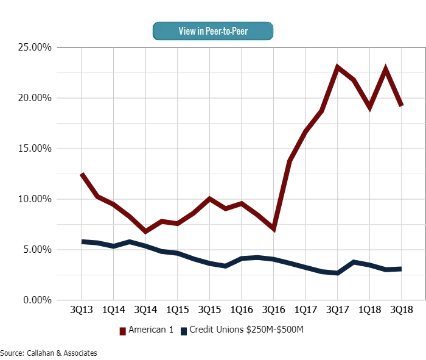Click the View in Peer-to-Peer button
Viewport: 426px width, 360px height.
(213, 30)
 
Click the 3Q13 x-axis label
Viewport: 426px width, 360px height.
(82, 310)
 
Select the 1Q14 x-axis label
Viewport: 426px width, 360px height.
(113, 310)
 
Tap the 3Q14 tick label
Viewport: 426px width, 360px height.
(145, 310)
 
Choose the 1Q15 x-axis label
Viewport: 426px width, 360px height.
(177, 310)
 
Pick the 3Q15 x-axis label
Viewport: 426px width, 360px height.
(209, 310)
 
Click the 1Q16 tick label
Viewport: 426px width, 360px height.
(241, 310)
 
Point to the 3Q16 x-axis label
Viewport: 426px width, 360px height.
(273, 310)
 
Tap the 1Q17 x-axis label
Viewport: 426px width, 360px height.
(305, 310)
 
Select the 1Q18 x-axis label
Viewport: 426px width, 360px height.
(369, 310)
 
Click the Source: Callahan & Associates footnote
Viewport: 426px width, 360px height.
(49, 353)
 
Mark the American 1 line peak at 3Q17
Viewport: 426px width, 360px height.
(338, 67)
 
